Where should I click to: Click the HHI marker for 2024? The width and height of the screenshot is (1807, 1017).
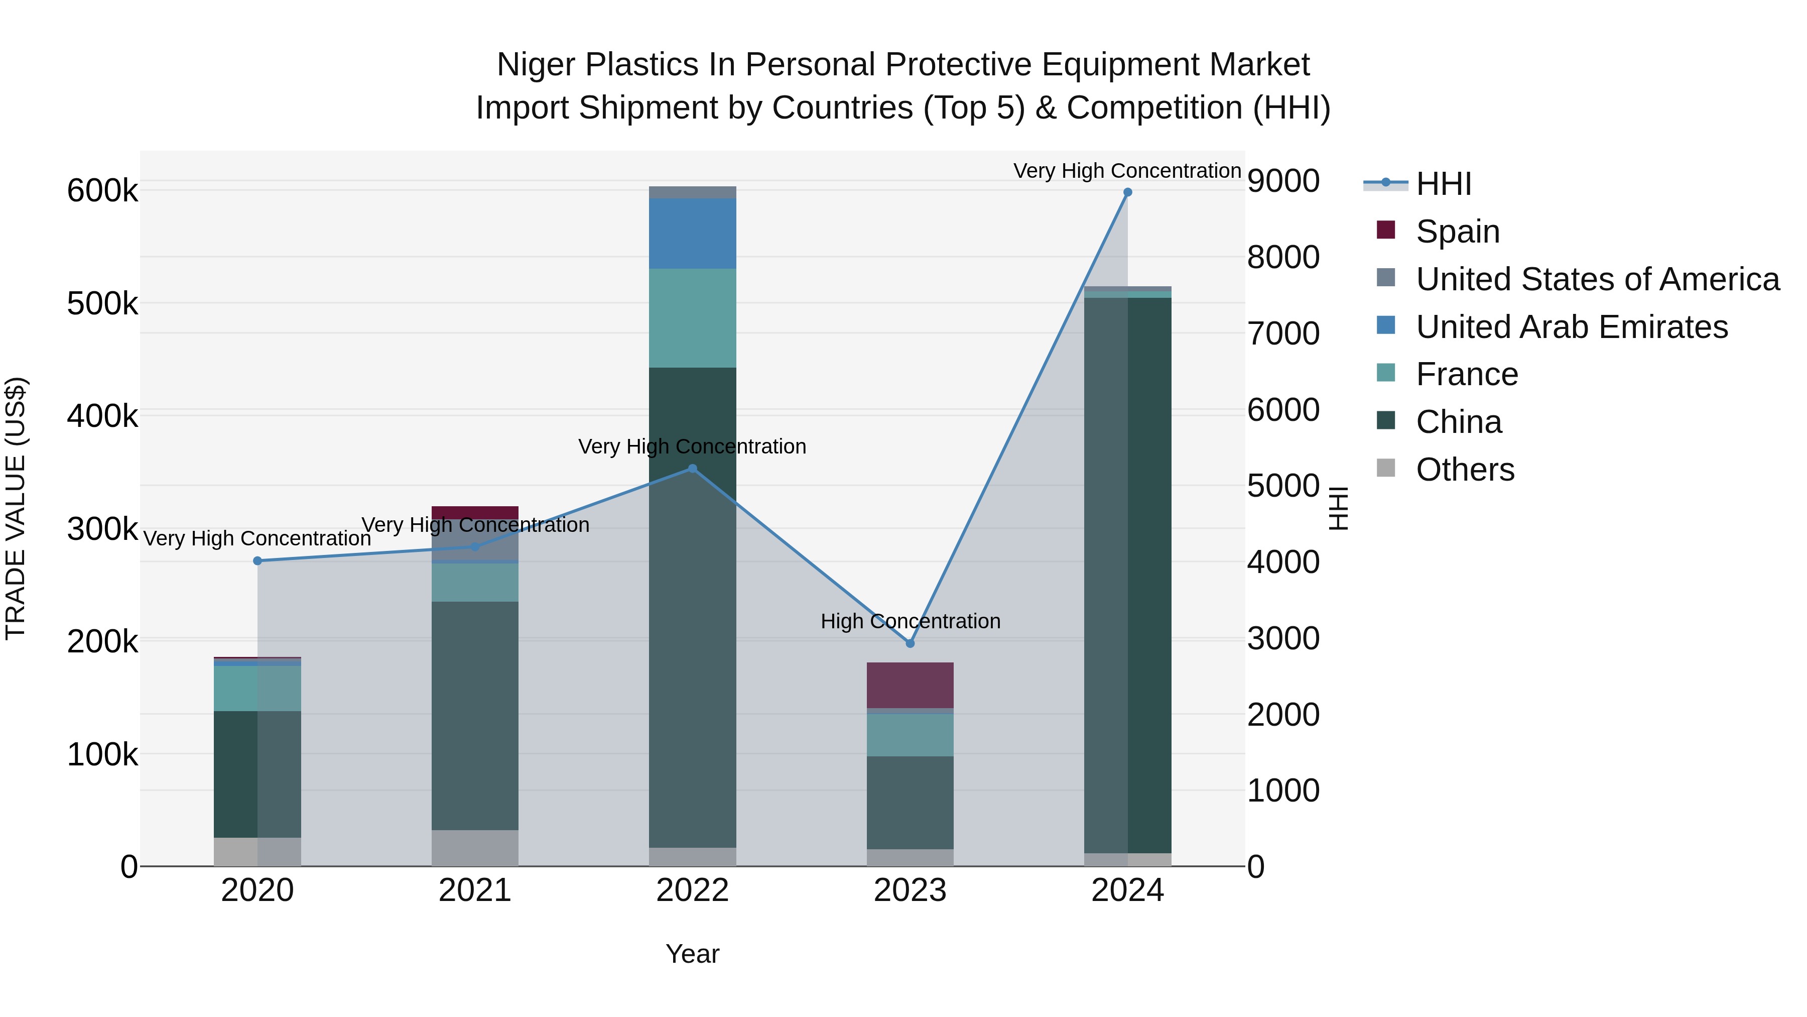tap(1127, 192)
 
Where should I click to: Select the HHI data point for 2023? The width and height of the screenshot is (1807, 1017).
tap(910, 643)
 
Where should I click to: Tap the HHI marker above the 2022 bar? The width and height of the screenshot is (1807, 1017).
tap(692, 468)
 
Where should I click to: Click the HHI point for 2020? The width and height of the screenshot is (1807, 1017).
tap(257, 561)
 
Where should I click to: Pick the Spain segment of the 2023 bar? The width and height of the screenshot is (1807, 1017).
tap(910, 685)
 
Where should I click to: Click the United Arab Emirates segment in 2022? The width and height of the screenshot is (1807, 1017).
tap(692, 233)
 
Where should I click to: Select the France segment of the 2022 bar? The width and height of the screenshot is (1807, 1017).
tap(692, 317)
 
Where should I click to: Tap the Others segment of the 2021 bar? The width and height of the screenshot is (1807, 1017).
tap(475, 848)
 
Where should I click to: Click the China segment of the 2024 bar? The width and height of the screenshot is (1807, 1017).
tap(1127, 576)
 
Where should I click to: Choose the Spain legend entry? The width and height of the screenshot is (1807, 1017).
tap(1457, 232)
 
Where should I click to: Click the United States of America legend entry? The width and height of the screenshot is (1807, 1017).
tap(1597, 279)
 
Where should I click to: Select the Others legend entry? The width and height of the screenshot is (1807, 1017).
tap(1465, 470)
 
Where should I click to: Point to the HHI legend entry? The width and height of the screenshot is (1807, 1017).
tap(1443, 184)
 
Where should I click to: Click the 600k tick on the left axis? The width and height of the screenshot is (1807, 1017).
tap(102, 191)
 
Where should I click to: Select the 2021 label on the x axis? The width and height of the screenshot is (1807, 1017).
tap(475, 890)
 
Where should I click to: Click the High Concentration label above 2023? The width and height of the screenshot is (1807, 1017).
tap(910, 621)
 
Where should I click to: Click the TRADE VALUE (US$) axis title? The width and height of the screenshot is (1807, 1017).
tap(16, 508)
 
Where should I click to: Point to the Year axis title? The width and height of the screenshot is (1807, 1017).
tap(692, 954)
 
